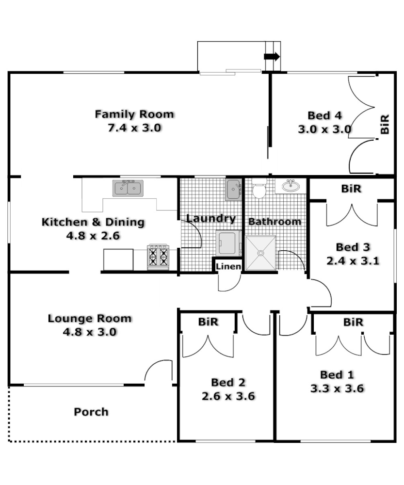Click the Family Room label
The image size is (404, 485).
click(x=134, y=114)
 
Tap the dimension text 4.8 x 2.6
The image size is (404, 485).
click(x=93, y=236)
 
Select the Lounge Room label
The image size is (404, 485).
click(x=89, y=319)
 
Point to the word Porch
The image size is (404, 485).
click(x=91, y=412)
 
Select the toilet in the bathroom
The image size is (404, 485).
click(x=259, y=189)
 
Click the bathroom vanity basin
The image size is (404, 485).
click(x=291, y=186)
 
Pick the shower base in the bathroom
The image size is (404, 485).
click(x=260, y=253)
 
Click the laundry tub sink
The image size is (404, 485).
click(x=234, y=189)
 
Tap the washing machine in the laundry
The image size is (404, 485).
click(x=228, y=242)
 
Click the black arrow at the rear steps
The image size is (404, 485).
click(x=272, y=56)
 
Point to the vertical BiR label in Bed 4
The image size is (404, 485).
click(x=385, y=124)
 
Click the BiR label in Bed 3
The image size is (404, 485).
click(x=351, y=189)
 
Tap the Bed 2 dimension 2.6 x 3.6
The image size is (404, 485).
click(x=228, y=396)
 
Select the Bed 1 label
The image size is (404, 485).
click(x=337, y=374)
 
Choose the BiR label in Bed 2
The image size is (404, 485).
click(x=208, y=322)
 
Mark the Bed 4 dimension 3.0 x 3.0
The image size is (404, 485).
click(x=324, y=129)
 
